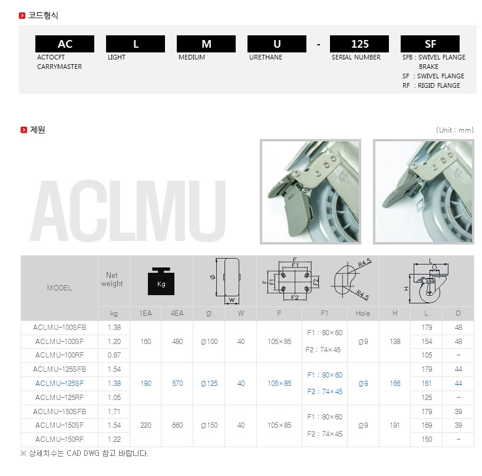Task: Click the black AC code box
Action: pos(65,44)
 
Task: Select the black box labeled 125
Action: pos(359,44)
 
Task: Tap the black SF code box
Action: pos(430,44)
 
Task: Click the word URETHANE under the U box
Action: pos(266,57)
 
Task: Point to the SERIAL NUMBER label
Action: pos(356,57)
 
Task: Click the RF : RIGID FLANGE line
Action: pos(431,85)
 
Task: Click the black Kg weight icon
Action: pos(161,281)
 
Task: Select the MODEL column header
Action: pos(60,288)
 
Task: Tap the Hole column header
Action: pos(363,313)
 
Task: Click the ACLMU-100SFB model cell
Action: pos(60,328)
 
